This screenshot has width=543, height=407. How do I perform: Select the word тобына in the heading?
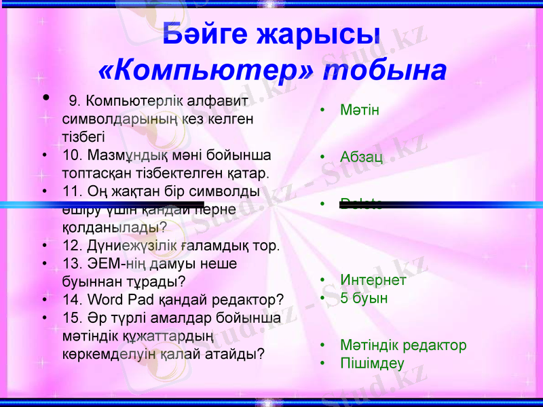click(x=384, y=71)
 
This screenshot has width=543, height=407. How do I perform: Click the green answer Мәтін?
click(x=359, y=110)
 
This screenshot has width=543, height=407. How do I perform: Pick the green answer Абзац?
click(x=361, y=157)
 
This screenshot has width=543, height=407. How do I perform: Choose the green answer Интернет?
click(x=373, y=280)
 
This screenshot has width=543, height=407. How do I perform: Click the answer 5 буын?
click(x=364, y=298)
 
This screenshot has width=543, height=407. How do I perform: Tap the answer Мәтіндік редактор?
click(x=403, y=345)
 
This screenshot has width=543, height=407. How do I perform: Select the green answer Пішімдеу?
click(x=372, y=363)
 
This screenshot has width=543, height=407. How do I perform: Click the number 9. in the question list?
click(x=75, y=102)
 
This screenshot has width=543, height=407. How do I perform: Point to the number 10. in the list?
click(x=71, y=155)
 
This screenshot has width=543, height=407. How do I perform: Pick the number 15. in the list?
click(x=71, y=317)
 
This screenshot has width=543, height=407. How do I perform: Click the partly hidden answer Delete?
click(x=362, y=201)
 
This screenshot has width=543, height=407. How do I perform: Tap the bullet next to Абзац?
click(x=324, y=158)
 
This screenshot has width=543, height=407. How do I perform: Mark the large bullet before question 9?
click(x=45, y=99)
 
